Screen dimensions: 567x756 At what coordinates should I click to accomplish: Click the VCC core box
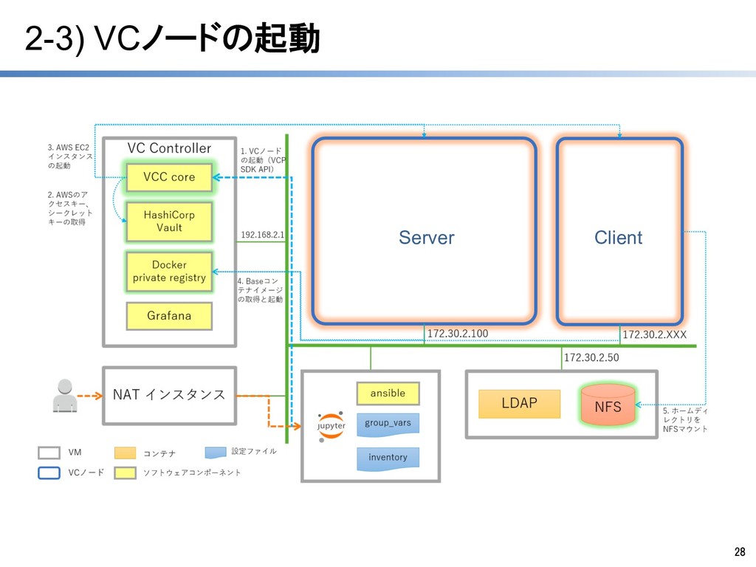point(169,177)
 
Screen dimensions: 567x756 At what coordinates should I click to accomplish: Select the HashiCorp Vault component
point(169,221)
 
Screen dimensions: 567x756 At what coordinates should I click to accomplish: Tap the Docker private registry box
point(169,272)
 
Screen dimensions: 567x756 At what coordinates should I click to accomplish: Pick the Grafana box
point(169,316)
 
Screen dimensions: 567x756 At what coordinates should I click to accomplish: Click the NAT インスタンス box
point(169,395)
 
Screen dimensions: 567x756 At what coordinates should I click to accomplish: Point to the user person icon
point(64,395)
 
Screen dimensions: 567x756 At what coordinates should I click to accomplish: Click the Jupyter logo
point(331,427)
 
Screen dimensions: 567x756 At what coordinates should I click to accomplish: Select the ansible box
point(388,394)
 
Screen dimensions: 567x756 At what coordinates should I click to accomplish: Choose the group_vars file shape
point(388,424)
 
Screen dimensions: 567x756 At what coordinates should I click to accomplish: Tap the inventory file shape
point(388,458)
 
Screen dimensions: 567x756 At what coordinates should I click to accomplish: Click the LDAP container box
point(519,403)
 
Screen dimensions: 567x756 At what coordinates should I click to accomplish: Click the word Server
point(426,238)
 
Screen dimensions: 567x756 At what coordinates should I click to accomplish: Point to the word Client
point(618,238)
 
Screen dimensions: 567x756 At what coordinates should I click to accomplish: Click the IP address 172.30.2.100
point(458,334)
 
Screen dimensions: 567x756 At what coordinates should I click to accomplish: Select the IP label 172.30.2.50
point(591,358)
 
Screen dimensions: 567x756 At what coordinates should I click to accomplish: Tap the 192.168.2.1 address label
point(262,235)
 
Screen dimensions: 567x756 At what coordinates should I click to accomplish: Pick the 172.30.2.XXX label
point(655,335)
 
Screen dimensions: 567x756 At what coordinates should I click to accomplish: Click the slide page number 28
point(739,552)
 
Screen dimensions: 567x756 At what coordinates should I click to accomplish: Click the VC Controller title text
point(169,148)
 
